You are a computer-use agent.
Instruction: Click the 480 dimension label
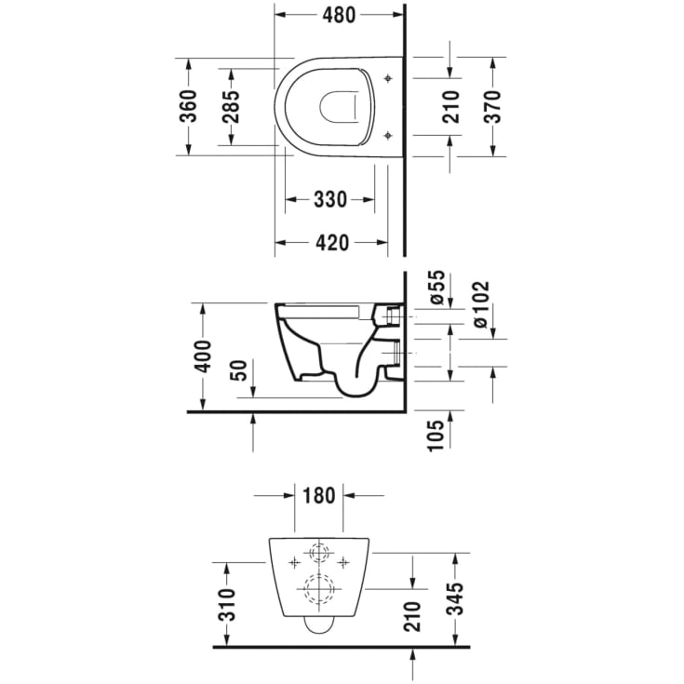tap(339, 15)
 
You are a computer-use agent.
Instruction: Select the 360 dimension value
tap(189, 106)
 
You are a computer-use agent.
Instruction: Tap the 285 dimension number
tap(231, 107)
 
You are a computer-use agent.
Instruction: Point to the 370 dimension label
tap(492, 107)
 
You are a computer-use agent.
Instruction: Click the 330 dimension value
tap(330, 199)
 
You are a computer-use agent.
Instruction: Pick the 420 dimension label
tap(332, 243)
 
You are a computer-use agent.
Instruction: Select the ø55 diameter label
tap(436, 287)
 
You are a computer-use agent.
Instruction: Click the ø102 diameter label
tap(480, 305)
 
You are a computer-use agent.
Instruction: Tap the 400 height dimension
tap(203, 356)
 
